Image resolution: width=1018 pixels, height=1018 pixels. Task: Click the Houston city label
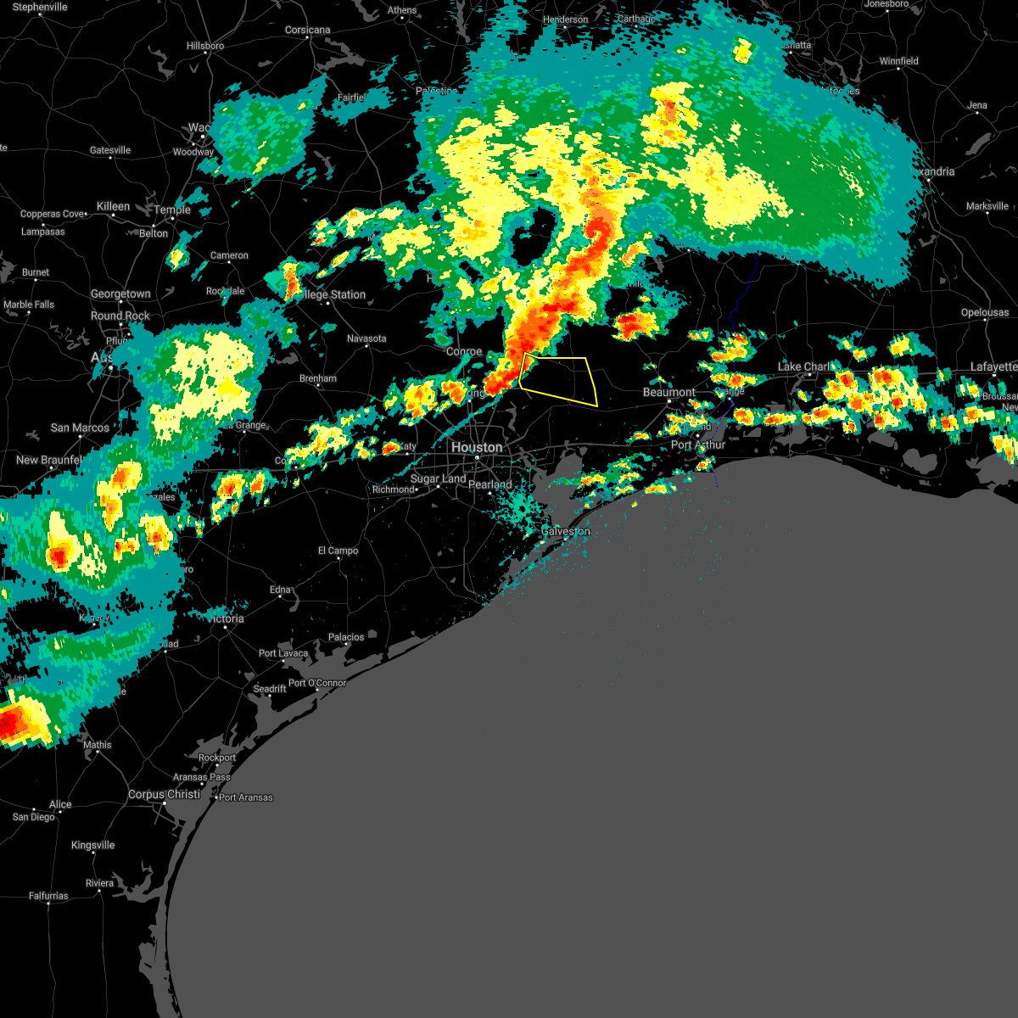tap(477, 447)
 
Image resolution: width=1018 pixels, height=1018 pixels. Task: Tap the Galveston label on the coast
tap(566, 531)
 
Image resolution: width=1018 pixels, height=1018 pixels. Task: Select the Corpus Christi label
tap(165, 795)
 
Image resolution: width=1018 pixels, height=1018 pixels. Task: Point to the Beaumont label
tap(669, 392)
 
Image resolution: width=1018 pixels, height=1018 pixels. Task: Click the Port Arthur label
tap(698, 445)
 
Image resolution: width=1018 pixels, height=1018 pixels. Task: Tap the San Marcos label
tap(80, 428)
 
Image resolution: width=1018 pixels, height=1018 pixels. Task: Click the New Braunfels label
tap(50, 460)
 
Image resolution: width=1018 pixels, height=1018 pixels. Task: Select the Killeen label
tap(113, 206)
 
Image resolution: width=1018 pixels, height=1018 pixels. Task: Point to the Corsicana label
tap(307, 30)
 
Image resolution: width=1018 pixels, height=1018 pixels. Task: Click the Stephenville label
tap(40, 7)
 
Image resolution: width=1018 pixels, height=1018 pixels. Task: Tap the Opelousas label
tap(984, 312)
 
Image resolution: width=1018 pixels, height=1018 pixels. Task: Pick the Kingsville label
tap(92, 845)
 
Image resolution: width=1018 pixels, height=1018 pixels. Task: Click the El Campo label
tap(338, 551)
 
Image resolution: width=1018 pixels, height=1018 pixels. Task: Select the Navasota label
tap(366, 338)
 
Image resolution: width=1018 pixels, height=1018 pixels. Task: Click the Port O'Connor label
tap(317, 683)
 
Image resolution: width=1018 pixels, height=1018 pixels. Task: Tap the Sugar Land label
tap(438, 478)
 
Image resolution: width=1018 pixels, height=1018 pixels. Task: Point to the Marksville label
tap(987, 206)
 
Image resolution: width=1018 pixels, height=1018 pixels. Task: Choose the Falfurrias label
tap(48, 896)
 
